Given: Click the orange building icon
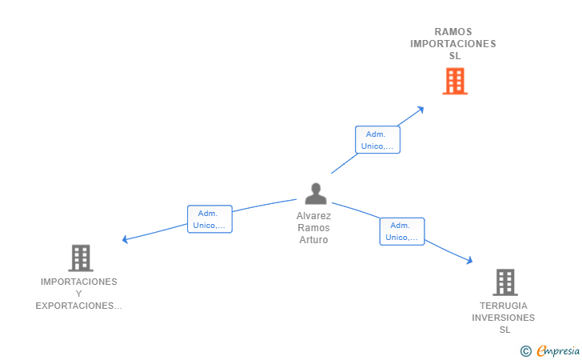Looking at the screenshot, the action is click(455, 81).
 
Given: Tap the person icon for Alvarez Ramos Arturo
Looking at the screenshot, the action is click(316, 194).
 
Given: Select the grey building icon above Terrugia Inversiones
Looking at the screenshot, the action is click(505, 282).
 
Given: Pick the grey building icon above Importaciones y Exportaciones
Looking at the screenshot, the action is click(81, 258).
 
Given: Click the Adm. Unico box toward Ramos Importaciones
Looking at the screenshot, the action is click(377, 140).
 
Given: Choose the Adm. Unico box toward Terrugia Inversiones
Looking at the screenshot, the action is click(402, 231).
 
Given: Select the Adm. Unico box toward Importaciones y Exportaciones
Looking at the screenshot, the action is click(209, 219).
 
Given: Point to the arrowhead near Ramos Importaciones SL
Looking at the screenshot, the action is click(421, 110).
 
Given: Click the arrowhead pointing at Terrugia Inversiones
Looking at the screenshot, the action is click(469, 261).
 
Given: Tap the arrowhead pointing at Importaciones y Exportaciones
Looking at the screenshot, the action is click(125, 240).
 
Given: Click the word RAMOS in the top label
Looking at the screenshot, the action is click(453, 31).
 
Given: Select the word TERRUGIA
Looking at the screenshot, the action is click(504, 306).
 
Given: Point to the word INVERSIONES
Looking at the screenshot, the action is click(504, 318).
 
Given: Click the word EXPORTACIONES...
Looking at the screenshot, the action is click(78, 306).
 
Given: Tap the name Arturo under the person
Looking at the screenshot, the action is click(313, 240).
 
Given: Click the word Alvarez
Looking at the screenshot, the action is click(313, 216).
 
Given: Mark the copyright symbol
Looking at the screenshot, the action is click(525, 351).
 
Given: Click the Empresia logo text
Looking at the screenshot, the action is click(558, 351).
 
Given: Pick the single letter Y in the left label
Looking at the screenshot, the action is click(78, 294).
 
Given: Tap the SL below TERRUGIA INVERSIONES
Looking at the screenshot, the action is click(504, 330).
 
